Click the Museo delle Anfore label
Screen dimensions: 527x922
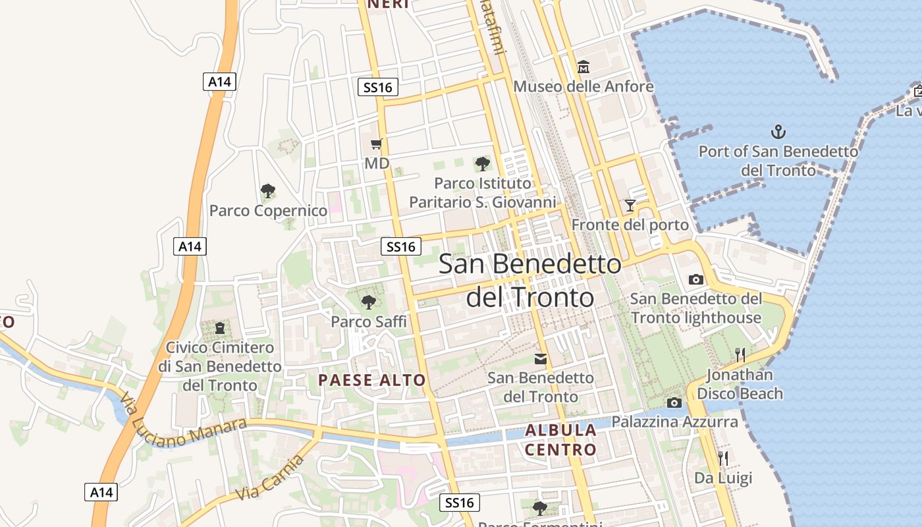[x=583, y=86]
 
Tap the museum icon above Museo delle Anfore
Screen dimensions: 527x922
[x=583, y=67]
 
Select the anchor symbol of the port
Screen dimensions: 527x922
[x=778, y=132]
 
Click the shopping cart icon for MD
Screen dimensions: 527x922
[x=377, y=144]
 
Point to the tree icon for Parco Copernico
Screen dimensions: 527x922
[x=267, y=191]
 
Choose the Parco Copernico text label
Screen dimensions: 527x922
[x=268, y=211]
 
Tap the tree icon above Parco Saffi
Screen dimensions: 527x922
[x=369, y=302]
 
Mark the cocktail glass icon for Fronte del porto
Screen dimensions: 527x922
[x=630, y=206]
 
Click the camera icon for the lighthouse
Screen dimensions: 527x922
[x=695, y=279]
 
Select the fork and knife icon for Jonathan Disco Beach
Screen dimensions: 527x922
[x=740, y=355]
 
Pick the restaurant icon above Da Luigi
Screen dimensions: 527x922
[x=723, y=458]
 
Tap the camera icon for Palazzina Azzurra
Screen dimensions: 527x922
[x=674, y=402]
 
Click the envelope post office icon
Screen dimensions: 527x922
[x=541, y=359]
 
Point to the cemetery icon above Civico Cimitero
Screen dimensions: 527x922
[x=220, y=327]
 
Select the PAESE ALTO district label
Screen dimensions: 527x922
[x=372, y=380]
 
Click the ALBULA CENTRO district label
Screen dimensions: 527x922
[x=560, y=440]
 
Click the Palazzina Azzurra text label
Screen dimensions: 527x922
[x=675, y=422]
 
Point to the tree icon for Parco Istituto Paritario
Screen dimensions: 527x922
[x=482, y=163]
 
